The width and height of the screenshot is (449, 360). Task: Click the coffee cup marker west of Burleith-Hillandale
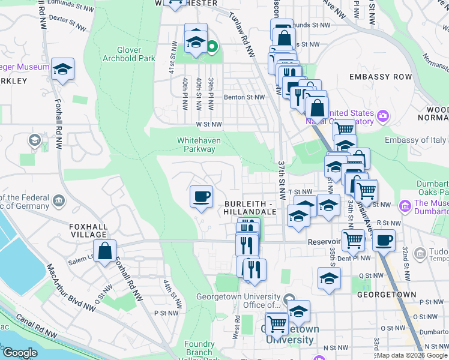pyautogui.click(x=201, y=197)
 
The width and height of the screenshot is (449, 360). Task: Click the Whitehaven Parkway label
pyautogui.click(x=199, y=145)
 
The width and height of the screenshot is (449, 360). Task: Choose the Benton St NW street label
pyautogui.click(x=244, y=97)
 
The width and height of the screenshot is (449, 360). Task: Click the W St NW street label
pyautogui.click(x=208, y=125)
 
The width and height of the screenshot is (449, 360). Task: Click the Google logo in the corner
pyautogui.click(x=19, y=353)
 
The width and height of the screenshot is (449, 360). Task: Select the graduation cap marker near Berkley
pyautogui.click(x=62, y=69)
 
